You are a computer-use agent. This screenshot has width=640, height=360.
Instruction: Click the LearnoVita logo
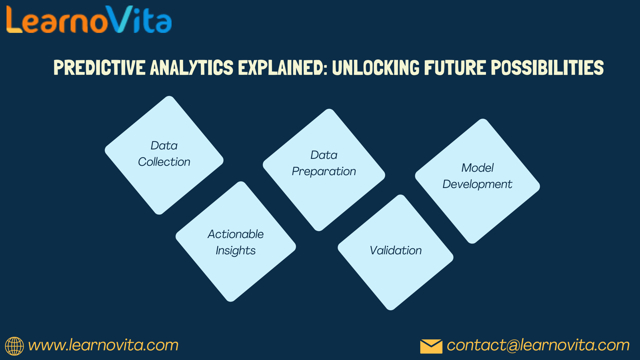pyautogui.click(x=89, y=19)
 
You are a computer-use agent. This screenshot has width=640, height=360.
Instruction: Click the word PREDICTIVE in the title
pyautogui.click(x=100, y=68)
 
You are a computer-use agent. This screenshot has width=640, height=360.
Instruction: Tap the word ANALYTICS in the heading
pyautogui.click(x=192, y=68)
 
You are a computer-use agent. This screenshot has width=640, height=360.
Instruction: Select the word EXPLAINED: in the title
pyautogui.click(x=283, y=68)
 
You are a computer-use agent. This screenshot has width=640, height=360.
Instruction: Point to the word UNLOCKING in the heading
pyautogui.click(x=376, y=68)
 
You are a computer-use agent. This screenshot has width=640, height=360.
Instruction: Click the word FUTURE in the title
pyautogui.click(x=455, y=68)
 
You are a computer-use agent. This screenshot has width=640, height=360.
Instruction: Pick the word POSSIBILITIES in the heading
pyautogui.click(x=547, y=68)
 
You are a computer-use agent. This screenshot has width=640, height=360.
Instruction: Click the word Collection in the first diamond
pyautogui.click(x=164, y=162)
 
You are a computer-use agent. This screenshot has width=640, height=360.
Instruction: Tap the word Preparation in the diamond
pyautogui.click(x=324, y=172)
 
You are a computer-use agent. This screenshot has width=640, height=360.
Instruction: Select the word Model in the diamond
pyautogui.click(x=478, y=168)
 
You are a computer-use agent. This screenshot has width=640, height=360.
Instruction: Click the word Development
pyautogui.click(x=477, y=184)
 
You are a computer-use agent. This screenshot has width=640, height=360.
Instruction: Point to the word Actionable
pyautogui.click(x=236, y=234)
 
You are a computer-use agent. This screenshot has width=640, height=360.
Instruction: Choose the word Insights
pyautogui.click(x=236, y=250)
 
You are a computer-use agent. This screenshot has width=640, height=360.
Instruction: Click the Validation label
pyautogui.click(x=396, y=250)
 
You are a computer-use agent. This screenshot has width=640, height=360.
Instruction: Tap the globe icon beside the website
pyautogui.click(x=14, y=346)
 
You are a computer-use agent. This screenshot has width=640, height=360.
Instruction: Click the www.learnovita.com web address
pyautogui.click(x=103, y=345)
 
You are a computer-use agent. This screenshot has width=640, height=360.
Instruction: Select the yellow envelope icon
pyautogui.click(x=431, y=346)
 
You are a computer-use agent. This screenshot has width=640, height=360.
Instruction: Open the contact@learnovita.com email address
pyautogui.click(x=538, y=345)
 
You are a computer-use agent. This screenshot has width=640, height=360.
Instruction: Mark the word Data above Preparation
pyautogui.click(x=324, y=155)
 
